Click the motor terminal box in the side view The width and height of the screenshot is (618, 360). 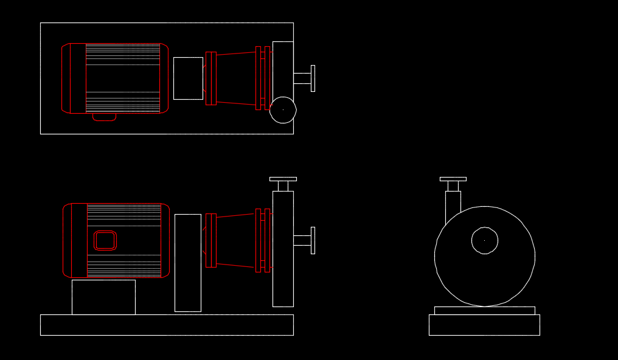(105, 240)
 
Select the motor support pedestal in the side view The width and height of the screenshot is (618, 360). (103, 297)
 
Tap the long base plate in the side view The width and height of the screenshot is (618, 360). (167, 325)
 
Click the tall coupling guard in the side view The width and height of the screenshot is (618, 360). (187, 263)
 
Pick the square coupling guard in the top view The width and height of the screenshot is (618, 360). (188, 78)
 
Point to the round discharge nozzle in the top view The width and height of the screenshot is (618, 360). (283, 110)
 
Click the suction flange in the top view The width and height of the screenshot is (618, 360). (313, 78)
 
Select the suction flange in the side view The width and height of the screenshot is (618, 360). (313, 240)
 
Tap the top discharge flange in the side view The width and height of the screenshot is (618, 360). (283, 179)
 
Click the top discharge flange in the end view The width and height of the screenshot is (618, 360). (453, 179)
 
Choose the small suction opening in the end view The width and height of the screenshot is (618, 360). (485, 241)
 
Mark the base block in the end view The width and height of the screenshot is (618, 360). (484, 325)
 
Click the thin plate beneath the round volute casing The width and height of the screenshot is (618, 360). (484, 310)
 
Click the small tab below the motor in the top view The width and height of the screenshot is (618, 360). (104, 117)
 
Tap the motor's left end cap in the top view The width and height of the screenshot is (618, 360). (66, 78)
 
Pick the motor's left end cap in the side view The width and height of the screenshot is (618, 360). (68, 240)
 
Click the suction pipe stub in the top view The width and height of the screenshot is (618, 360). (302, 78)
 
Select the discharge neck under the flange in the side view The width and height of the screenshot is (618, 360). (283, 185)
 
